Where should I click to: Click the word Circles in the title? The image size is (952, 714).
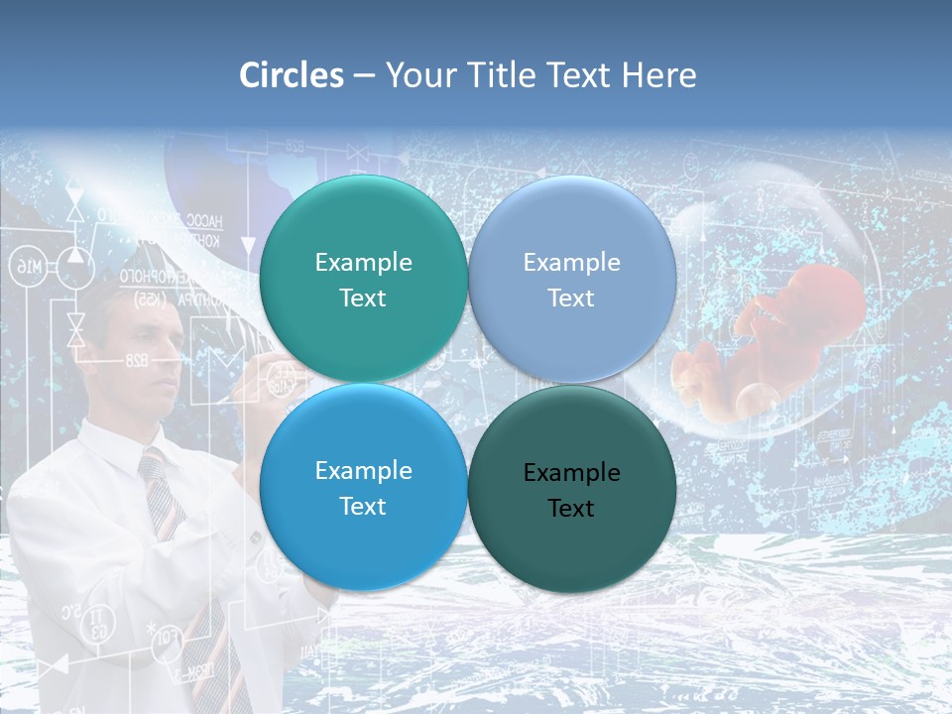click(291, 75)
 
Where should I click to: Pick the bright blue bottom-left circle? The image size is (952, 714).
click(363, 540)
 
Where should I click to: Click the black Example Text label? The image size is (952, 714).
click(571, 490)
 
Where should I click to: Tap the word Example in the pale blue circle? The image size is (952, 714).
click(571, 263)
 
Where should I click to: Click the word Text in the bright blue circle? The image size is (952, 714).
click(363, 507)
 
